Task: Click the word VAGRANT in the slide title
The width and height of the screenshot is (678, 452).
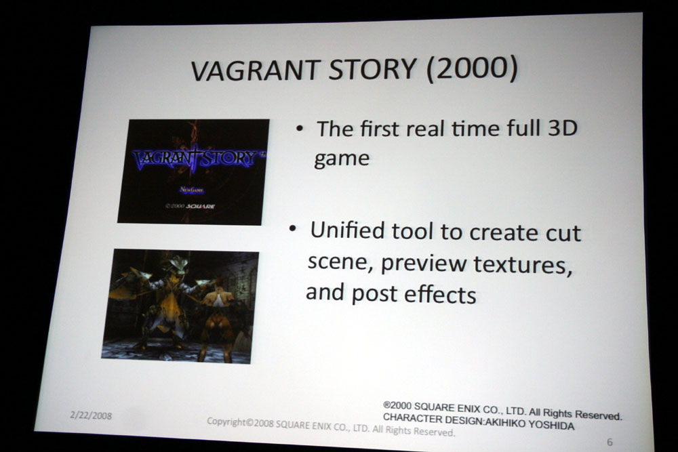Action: tap(256, 70)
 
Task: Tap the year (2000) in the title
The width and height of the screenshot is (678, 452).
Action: tap(472, 69)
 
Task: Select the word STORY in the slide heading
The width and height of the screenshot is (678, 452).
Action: tap(372, 69)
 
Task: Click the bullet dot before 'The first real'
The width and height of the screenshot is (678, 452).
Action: tap(299, 128)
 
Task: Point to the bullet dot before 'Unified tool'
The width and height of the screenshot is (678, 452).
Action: tap(293, 228)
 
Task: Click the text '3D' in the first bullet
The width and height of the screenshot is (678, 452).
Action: tap(563, 127)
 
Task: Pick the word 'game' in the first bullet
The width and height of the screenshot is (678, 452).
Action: tap(342, 159)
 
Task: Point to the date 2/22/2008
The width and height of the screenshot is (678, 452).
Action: tap(91, 415)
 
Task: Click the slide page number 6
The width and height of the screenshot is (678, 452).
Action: tap(610, 442)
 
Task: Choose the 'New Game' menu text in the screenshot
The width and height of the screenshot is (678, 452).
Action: tap(192, 190)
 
